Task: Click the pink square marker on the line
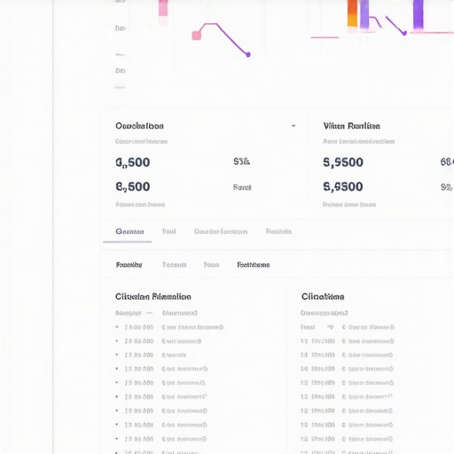197,35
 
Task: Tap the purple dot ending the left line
247,55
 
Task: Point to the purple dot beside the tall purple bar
404,33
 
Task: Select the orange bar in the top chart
353,13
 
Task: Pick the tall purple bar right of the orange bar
418,13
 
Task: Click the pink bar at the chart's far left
163,8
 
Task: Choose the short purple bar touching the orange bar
364,22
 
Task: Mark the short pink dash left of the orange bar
325,37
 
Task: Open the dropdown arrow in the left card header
294,126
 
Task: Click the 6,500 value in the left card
133,187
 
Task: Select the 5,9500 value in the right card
343,162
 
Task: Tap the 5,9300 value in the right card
343,187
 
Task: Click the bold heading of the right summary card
352,126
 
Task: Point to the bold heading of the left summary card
139,126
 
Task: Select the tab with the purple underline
129,231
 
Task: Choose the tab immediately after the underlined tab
168,231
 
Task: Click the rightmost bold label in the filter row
253,265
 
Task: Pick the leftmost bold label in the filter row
129,265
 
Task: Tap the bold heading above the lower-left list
153,296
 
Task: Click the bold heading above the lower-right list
323,296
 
